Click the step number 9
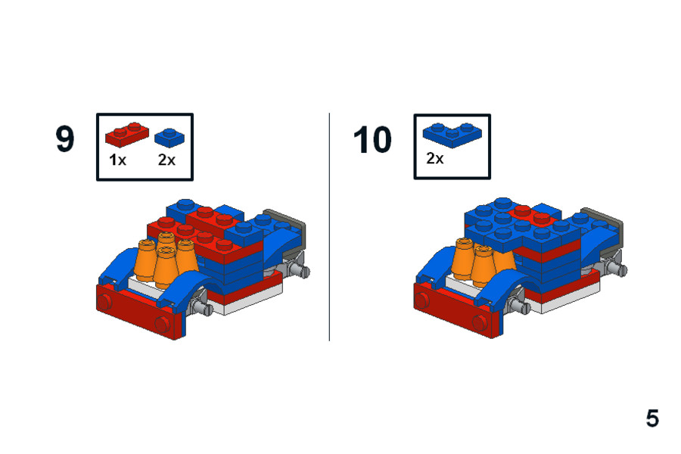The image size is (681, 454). pos(65,139)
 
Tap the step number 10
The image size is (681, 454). pos(372,140)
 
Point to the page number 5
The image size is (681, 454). pos(652,418)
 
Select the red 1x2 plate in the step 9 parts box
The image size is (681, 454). pos(127,134)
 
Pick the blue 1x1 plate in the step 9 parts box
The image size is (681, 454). pos(169,138)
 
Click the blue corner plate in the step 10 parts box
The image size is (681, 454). pos(452,135)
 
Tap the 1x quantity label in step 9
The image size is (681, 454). pos(117,160)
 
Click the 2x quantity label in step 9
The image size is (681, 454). pos(166,160)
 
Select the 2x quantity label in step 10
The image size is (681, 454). pos(435,159)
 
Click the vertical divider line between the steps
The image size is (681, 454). pos(329,227)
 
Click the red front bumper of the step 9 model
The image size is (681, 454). pos(139,310)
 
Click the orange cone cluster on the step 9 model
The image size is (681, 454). pos(164,260)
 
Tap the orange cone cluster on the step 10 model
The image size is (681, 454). pos(481,260)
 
